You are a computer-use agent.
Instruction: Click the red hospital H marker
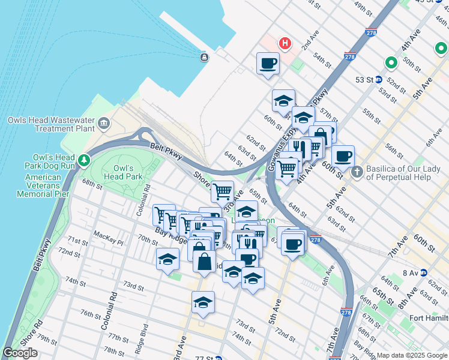pyautogui.click(x=285, y=43)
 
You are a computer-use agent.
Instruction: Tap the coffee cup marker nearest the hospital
pyautogui.click(x=268, y=63)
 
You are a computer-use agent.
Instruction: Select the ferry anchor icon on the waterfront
pyautogui.click(x=204, y=57)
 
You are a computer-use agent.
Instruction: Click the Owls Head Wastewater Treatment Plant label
pyautogui.click(x=52, y=124)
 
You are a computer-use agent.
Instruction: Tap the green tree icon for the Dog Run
pyautogui.click(x=85, y=160)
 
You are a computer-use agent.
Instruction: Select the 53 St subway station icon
pyautogui.click(x=379, y=79)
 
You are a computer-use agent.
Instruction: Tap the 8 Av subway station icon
pyautogui.click(x=424, y=273)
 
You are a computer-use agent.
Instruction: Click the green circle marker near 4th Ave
pyautogui.click(x=391, y=62)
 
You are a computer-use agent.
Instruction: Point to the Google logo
pyautogui.click(x=20, y=353)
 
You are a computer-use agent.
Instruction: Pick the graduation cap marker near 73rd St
pyautogui.click(x=203, y=303)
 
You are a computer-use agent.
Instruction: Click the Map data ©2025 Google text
pyautogui.click(x=411, y=355)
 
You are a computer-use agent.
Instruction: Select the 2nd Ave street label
pyautogui.click(x=309, y=43)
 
